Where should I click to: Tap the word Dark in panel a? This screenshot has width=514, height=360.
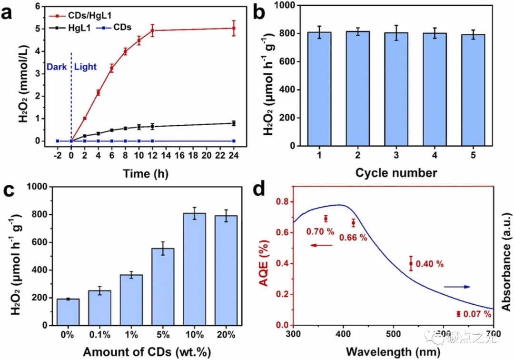[56, 67]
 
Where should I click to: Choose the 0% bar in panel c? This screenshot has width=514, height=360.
[68, 312]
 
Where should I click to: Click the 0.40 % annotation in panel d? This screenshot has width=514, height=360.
[430, 264]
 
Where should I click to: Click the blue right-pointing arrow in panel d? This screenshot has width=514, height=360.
[457, 287]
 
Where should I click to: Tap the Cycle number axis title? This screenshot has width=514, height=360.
[396, 172]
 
